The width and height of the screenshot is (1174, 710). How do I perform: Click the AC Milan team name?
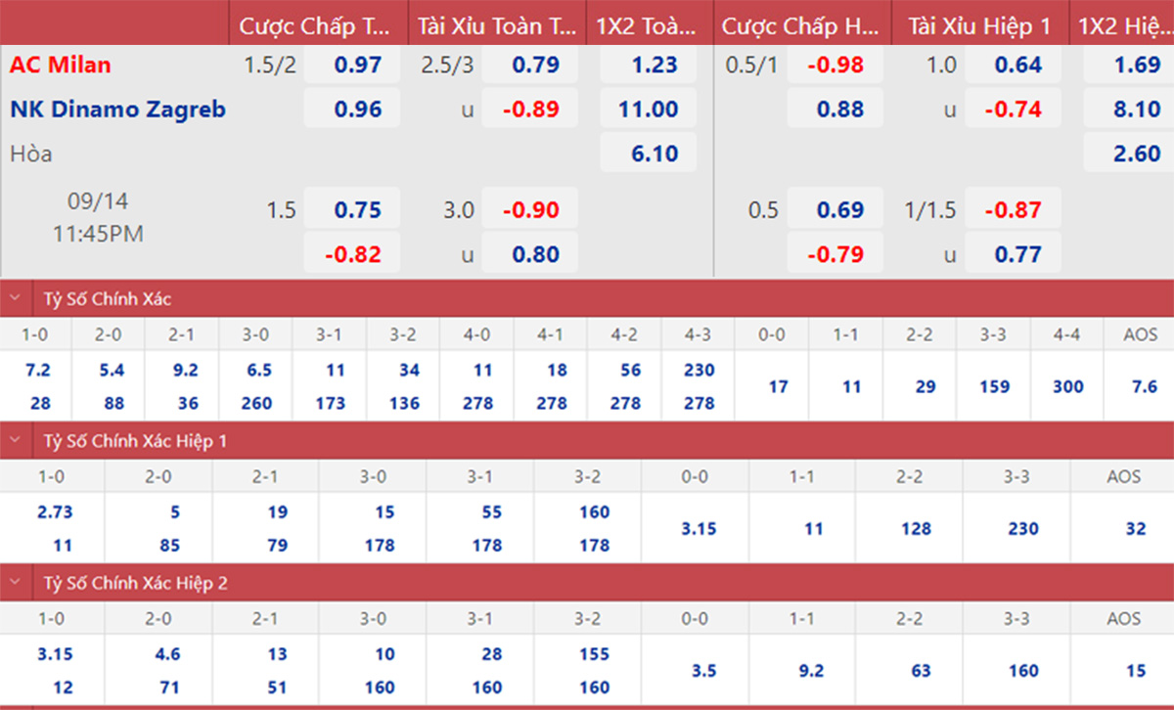click(61, 66)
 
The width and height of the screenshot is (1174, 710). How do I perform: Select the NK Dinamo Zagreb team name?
click(117, 110)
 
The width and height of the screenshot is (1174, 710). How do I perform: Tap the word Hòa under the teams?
click(31, 154)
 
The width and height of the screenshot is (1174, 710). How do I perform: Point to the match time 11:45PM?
click(98, 235)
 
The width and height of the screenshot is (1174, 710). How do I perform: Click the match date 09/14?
click(98, 202)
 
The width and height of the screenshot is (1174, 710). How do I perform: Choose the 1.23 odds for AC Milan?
click(655, 66)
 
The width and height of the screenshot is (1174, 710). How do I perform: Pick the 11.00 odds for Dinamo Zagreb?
click(648, 110)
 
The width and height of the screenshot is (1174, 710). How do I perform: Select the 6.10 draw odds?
click(655, 154)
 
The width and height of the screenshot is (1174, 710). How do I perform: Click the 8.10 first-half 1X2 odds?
click(1137, 110)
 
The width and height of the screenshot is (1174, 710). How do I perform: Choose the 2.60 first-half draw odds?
click(1137, 154)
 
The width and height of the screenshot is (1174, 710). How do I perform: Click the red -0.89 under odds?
click(530, 110)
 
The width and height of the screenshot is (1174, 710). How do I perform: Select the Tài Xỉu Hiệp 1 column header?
click(978, 26)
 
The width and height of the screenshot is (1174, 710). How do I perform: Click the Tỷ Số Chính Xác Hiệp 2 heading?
click(135, 583)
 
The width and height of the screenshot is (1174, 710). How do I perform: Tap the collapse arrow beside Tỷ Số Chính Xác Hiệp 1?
click(15, 441)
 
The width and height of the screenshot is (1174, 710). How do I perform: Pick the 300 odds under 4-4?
click(1067, 386)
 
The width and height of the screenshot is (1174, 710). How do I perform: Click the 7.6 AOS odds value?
click(1144, 386)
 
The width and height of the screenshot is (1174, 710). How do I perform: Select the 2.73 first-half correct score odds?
click(54, 512)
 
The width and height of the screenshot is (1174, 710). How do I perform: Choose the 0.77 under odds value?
click(1017, 255)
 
